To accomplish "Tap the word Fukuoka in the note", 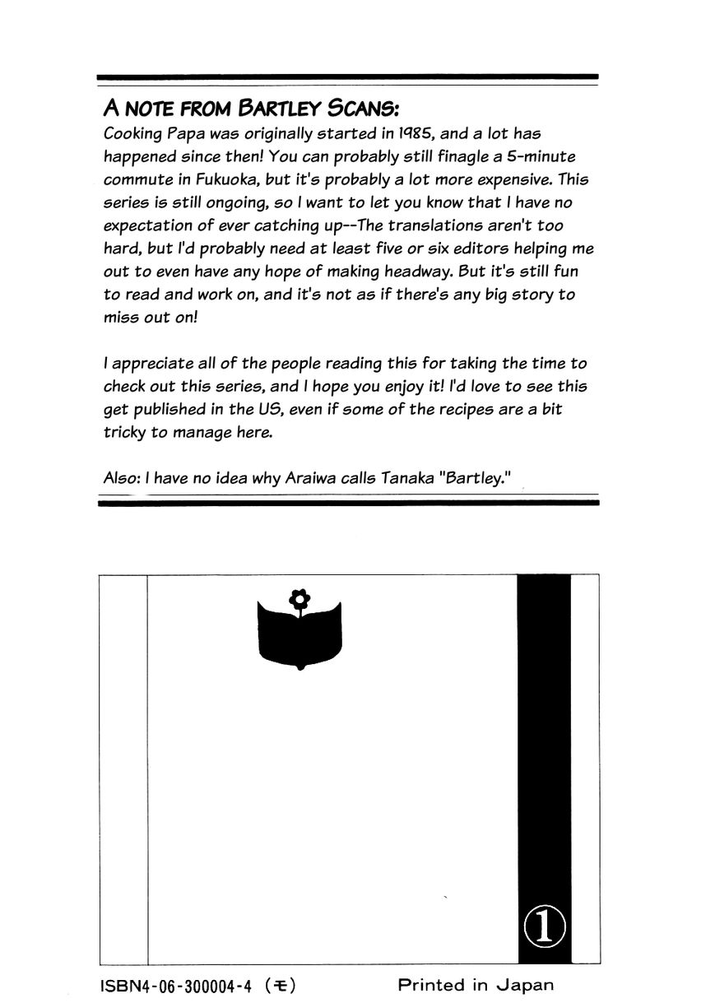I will [226, 179].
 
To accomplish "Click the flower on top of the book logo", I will [300, 599].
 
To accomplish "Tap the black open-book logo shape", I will [299, 635].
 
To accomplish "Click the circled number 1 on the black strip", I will [544, 926].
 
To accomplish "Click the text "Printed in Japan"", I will [476, 985].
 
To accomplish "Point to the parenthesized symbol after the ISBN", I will [280, 986].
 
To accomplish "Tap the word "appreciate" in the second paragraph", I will [152, 364].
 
